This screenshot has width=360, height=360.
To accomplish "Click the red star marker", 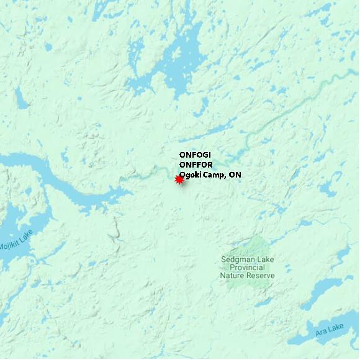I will point(179,179).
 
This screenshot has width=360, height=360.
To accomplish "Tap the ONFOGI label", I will point(194,155).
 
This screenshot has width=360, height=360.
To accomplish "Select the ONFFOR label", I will point(195,165).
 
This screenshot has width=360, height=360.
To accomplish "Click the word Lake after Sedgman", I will point(266,259).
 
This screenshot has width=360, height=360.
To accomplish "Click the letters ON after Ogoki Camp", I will point(235,175).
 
